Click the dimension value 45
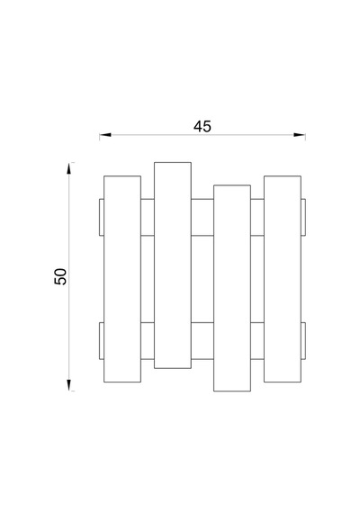(x=202, y=127)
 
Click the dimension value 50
(x=60, y=276)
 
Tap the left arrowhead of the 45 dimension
(x=105, y=135)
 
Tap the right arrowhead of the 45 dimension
(x=300, y=135)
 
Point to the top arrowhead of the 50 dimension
(x=68, y=168)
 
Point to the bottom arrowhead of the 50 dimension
(x=68, y=385)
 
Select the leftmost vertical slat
(x=122, y=279)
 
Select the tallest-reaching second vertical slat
(x=173, y=265)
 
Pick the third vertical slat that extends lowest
(x=232, y=288)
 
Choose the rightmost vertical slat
(x=283, y=279)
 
